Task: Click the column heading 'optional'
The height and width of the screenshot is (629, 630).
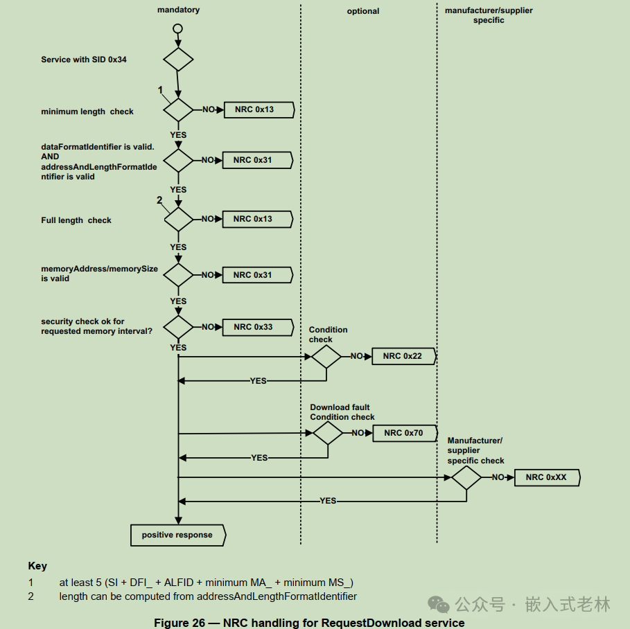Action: pyautogui.click(x=363, y=11)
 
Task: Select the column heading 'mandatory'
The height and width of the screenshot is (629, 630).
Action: pyautogui.click(x=178, y=10)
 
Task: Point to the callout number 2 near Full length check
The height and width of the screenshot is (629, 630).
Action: pyautogui.click(x=159, y=200)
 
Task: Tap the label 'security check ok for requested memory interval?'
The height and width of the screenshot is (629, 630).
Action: pyautogui.click(x=97, y=326)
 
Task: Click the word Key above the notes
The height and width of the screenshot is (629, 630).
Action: pyautogui.click(x=37, y=566)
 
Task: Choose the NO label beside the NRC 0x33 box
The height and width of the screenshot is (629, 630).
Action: pyautogui.click(x=208, y=327)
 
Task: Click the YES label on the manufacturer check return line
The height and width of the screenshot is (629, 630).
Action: pyautogui.click(x=328, y=501)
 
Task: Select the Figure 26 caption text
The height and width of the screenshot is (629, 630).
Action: pyautogui.click(x=309, y=623)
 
